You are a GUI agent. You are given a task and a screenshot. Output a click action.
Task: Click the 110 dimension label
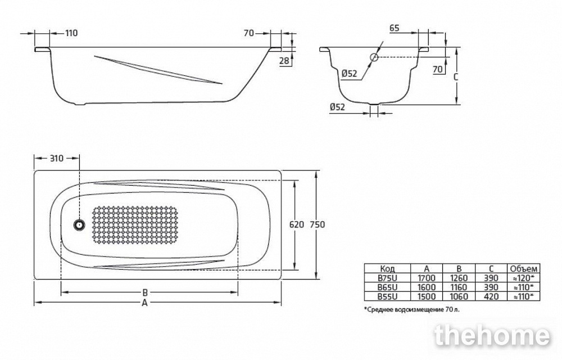click(71, 33)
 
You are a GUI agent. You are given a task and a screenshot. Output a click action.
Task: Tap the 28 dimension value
click(284, 61)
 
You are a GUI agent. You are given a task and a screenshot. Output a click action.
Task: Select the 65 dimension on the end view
click(395, 28)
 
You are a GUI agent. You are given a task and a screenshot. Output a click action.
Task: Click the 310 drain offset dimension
click(56, 158)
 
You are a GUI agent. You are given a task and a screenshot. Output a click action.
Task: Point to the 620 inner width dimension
click(296, 224)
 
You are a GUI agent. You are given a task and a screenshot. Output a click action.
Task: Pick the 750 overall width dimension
click(318, 224)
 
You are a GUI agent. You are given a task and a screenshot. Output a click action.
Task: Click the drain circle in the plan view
click(79, 225)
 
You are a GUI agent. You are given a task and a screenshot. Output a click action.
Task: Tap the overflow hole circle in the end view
click(374, 57)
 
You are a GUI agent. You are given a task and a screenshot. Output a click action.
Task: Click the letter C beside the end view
click(456, 76)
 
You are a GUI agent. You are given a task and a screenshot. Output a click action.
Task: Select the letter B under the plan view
click(145, 292)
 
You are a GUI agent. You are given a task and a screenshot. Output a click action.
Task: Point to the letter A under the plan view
click(144, 303)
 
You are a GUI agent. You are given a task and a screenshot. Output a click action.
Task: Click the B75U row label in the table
click(387, 278)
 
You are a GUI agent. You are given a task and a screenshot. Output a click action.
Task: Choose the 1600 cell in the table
click(426, 287)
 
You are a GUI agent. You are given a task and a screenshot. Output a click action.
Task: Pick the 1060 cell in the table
click(459, 296)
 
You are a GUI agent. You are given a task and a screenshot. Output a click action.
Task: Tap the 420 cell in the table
click(491, 296)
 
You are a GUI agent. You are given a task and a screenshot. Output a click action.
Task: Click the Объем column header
click(524, 268)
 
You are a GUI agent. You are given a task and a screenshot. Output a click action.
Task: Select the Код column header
click(387, 268)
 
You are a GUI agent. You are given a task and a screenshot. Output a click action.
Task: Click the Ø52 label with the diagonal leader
click(350, 74)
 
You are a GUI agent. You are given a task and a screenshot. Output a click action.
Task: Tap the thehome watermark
click(492, 336)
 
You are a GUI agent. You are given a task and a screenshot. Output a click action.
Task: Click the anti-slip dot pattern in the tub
click(134, 225)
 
